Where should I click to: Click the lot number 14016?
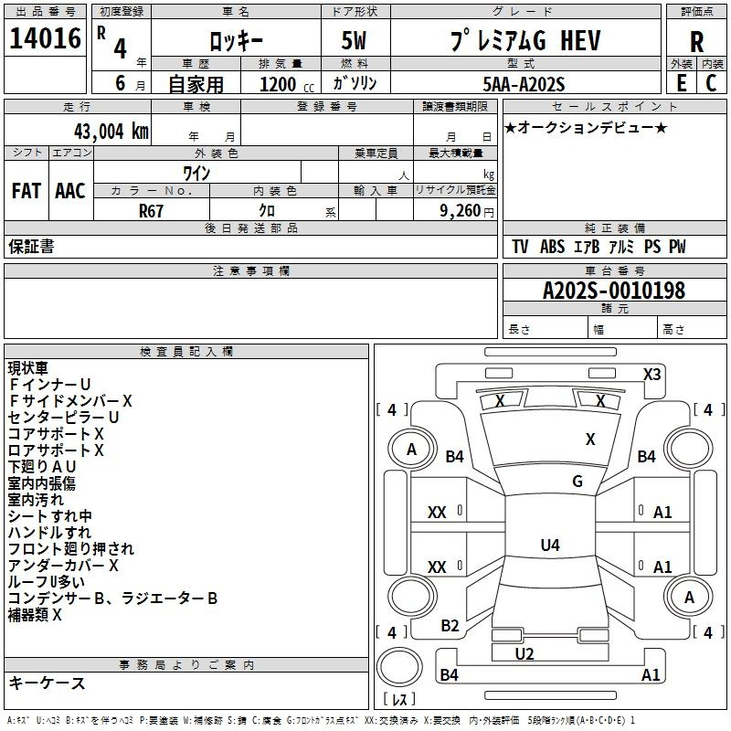click(x=45, y=38)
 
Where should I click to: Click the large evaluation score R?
click(x=696, y=42)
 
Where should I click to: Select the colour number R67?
click(x=151, y=211)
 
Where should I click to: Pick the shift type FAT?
click(x=26, y=191)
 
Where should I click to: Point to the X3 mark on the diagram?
click(x=652, y=374)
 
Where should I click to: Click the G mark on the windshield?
click(x=577, y=482)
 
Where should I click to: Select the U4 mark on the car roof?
click(x=549, y=546)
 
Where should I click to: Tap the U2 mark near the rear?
click(x=524, y=653)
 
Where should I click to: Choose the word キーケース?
click(x=48, y=683)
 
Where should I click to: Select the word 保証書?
click(x=31, y=247)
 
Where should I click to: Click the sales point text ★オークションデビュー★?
click(x=586, y=127)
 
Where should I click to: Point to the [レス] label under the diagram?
click(x=400, y=699)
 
